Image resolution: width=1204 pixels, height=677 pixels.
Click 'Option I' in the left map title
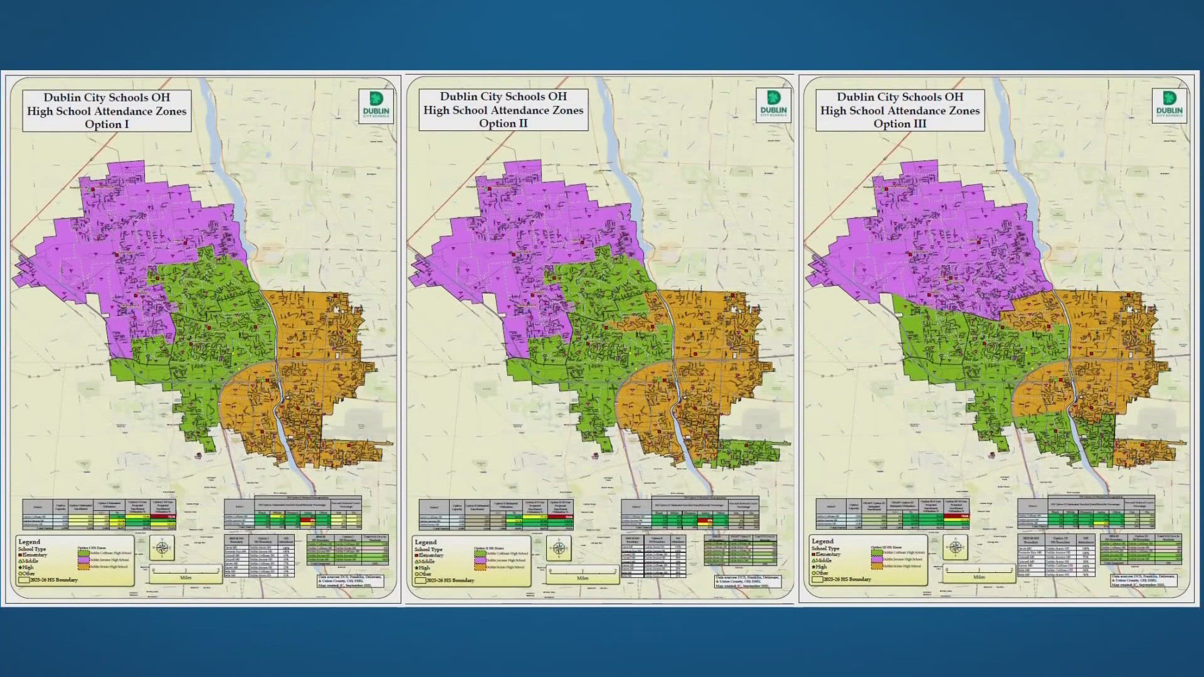pos(107,124)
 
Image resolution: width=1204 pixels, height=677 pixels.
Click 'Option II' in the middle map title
pos(503,123)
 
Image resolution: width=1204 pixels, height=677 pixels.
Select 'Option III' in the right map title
pos(899,123)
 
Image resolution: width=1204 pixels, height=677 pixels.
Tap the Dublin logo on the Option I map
pos(376,105)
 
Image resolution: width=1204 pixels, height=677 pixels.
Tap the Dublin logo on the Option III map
pos(1169,105)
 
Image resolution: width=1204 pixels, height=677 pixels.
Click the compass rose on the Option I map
pos(162,548)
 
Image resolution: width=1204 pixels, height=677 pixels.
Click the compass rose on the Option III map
pos(955,548)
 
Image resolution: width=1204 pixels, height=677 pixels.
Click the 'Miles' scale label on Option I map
pos(186,578)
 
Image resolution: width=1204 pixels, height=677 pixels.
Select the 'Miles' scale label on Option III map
pos(979,577)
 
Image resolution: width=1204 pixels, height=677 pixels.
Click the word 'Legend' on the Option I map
pos(29,542)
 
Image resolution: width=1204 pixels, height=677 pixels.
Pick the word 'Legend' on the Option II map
pos(425,542)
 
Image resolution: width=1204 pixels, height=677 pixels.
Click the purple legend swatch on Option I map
pos(83,560)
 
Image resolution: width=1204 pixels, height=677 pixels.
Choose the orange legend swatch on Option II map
pos(480,567)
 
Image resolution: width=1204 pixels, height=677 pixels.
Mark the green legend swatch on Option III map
pos(877,552)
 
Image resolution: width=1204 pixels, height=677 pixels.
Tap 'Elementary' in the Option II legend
pos(431,555)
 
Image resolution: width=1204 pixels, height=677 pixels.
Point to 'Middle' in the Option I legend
pos(29,561)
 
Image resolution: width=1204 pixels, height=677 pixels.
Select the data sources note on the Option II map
pos(748,581)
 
